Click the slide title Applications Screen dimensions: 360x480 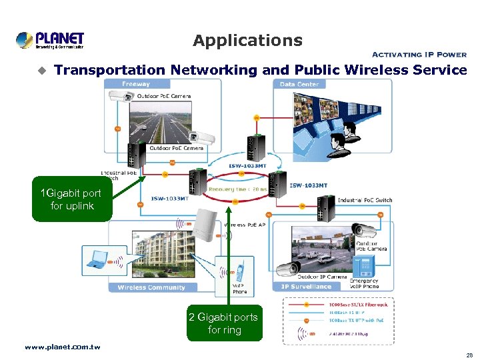click(x=247, y=41)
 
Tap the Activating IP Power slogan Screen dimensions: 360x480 click(x=419, y=55)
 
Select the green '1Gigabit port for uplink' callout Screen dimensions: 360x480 click(x=72, y=199)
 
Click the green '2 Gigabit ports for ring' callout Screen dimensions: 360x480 click(x=224, y=323)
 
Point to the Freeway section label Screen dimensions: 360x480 click(x=136, y=84)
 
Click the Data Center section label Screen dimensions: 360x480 click(x=299, y=84)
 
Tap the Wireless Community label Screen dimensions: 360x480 click(x=151, y=287)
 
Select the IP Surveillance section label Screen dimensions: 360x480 click(x=306, y=287)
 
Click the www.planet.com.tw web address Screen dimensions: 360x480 click(x=62, y=347)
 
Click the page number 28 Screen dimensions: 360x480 click(x=469, y=355)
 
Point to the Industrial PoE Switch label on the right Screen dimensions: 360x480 click(x=365, y=200)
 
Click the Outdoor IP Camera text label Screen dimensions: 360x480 click(x=321, y=277)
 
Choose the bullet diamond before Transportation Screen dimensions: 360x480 click(x=42, y=70)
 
